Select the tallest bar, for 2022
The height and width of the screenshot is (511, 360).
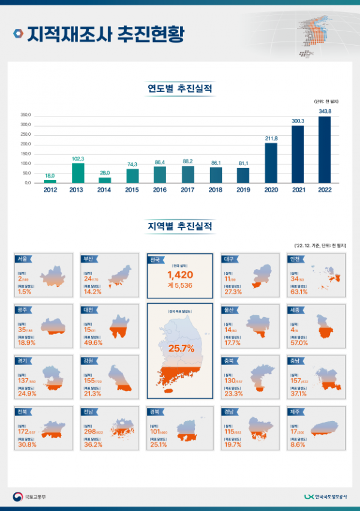pyautogui.click(x=325, y=150)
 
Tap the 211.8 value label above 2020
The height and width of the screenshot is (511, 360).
pyautogui.click(x=271, y=138)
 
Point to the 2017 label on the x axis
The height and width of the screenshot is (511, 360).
pyautogui.click(x=187, y=190)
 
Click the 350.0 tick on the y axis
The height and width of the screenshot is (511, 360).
pyautogui.click(x=25, y=115)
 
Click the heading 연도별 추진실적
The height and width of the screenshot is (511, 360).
pyautogui.click(x=180, y=89)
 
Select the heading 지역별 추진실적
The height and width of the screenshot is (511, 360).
pyautogui.click(x=180, y=226)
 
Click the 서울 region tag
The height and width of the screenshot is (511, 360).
pyautogui.click(x=23, y=259)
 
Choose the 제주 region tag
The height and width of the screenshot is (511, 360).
pyautogui.click(x=295, y=413)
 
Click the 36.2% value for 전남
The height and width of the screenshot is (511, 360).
pyautogui.click(x=92, y=446)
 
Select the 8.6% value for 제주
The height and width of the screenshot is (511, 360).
pyautogui.click(x=297, y=446)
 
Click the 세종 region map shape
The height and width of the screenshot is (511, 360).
pyautogui.click(x=327, y=327)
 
